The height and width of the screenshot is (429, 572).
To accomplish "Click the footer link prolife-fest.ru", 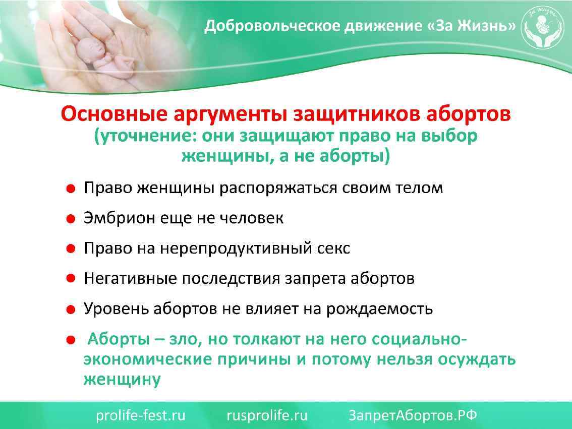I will coord(141,415).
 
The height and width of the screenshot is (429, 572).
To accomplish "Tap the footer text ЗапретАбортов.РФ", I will coord(413,415).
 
